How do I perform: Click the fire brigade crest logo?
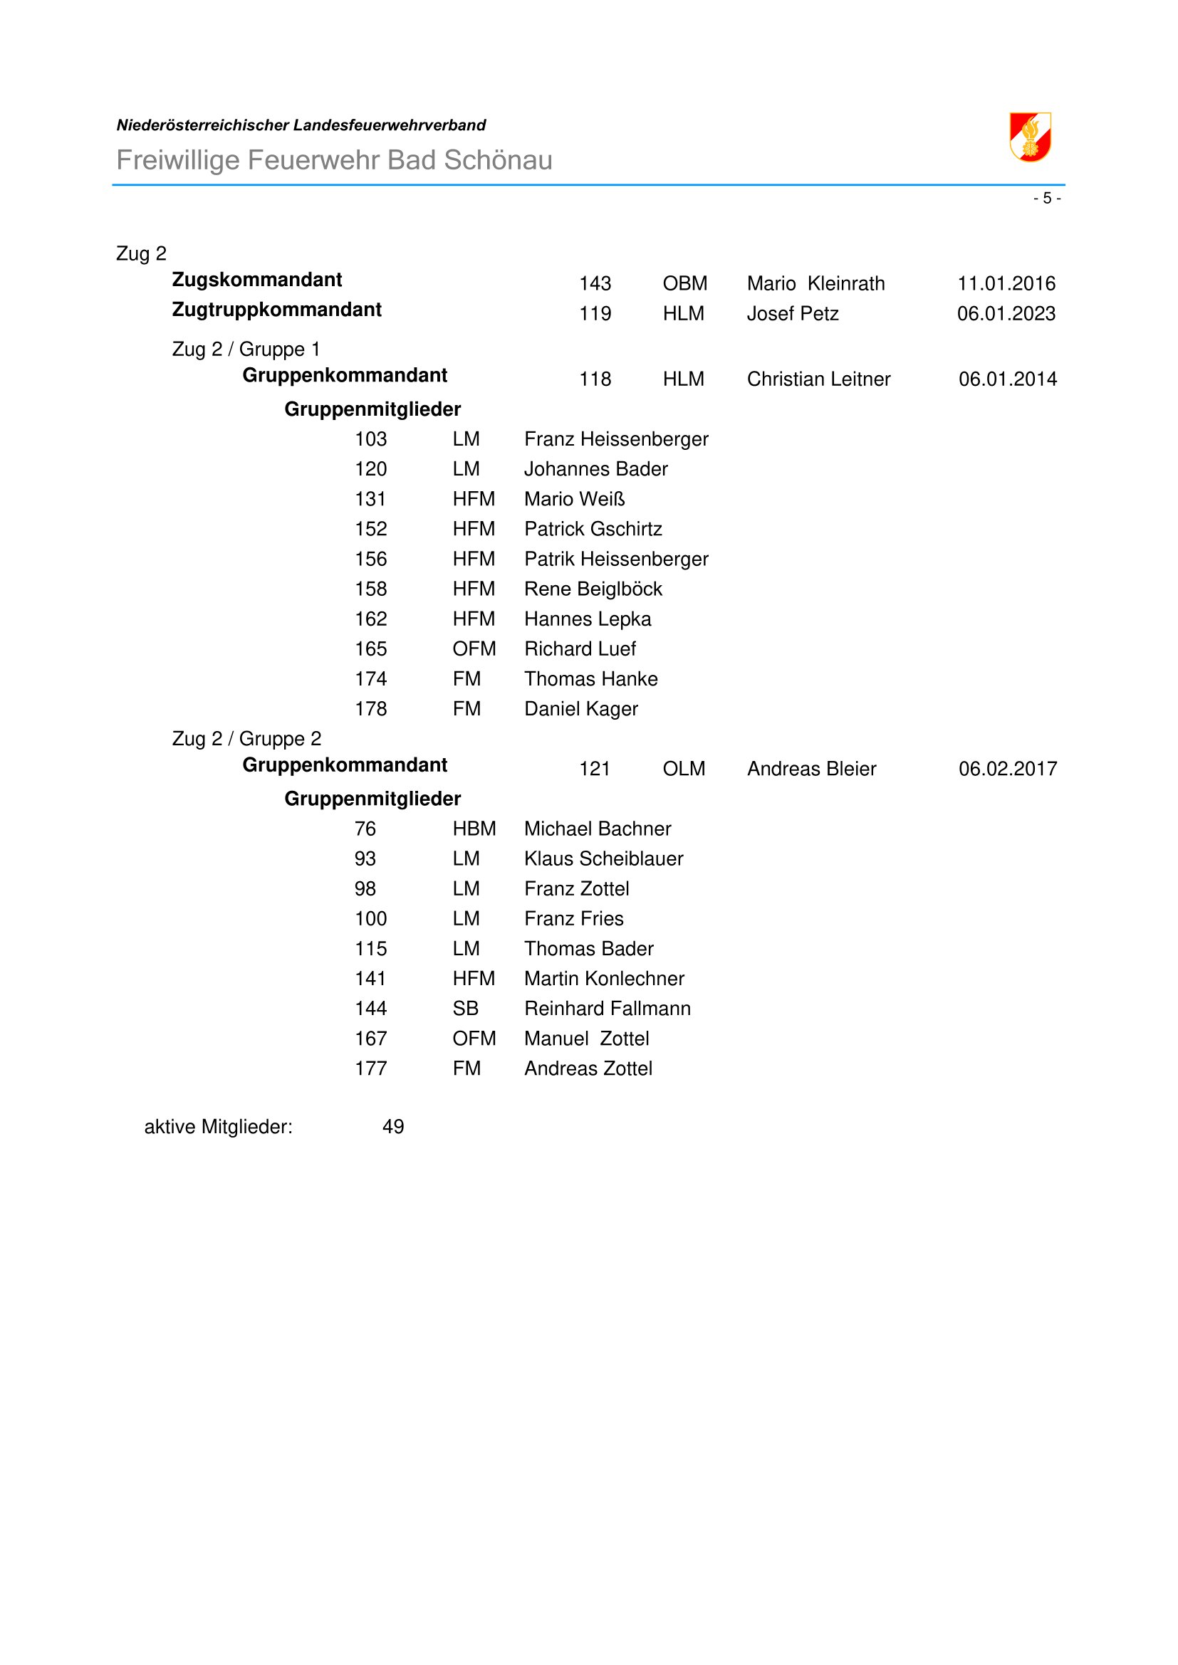1030,137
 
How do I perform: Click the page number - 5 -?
1047,198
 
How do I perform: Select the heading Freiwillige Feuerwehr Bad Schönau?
335,159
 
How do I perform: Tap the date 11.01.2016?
1006,283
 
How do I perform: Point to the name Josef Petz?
792,313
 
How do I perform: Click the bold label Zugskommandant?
257,279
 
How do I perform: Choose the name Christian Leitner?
818,379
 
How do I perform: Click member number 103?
370,438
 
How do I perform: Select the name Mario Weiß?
575,499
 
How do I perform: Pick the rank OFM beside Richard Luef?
474,648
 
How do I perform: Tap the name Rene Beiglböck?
593,589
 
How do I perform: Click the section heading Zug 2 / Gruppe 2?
246,738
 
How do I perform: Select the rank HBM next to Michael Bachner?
474,828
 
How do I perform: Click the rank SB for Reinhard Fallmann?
465,1008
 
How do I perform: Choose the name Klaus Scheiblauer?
603,858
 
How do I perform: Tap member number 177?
370,1068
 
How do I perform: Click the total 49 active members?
393,1126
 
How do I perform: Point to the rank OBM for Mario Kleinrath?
684,283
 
